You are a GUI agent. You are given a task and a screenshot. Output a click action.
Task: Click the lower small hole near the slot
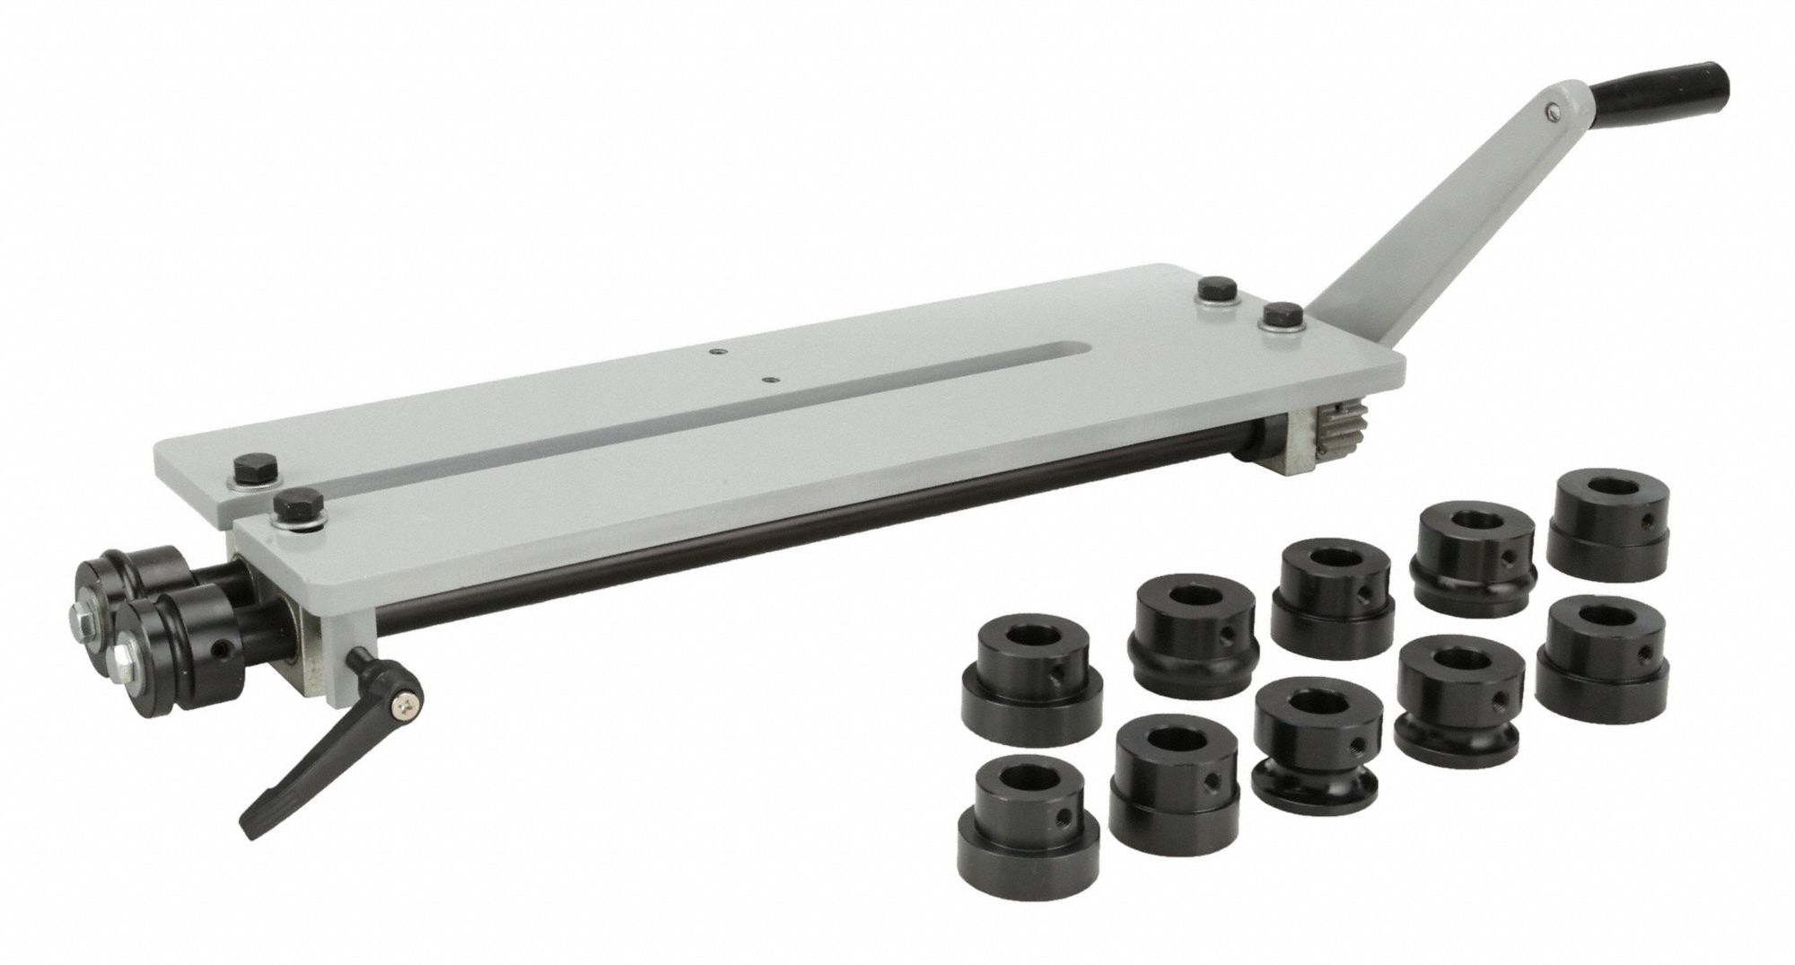point(767,379)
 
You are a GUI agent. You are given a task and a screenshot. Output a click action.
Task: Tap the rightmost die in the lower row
point(1602,646)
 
